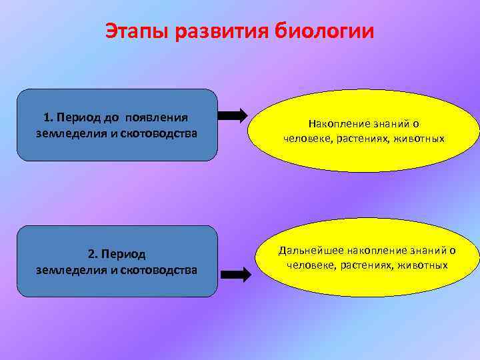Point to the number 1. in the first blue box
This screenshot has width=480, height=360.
tap(49, 117)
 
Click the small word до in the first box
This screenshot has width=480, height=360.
tap(111, 117)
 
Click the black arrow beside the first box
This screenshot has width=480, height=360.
tap(233, 116)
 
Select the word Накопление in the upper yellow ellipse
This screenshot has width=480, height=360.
tap(336, 124)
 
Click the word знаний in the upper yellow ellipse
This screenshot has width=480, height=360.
tap(388, 124)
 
